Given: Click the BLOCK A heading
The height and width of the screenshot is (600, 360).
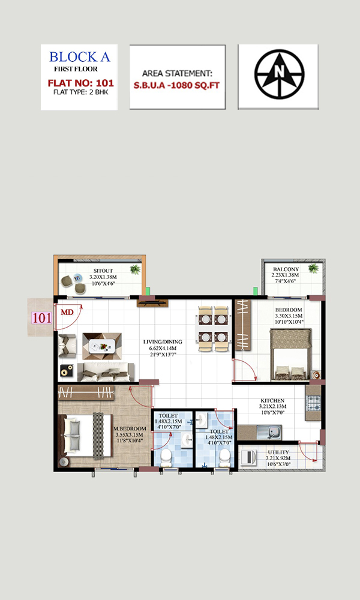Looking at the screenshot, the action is pos(80,57).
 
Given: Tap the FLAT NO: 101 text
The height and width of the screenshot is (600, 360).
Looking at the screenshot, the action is pos(81,83).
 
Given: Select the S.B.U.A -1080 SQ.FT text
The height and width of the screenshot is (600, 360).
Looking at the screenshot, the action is pos(177,85).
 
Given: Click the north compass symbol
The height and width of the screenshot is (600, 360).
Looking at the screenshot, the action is pos(280,74).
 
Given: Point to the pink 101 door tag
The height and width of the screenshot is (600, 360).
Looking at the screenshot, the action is pos(41,318).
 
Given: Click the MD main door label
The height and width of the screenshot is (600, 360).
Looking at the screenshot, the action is pos(67,313).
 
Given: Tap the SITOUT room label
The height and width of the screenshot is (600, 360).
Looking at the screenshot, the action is pos(103,271).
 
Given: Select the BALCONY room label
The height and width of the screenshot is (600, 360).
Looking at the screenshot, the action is pos(286,269).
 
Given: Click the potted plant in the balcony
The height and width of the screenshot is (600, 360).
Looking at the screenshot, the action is pos(313,268).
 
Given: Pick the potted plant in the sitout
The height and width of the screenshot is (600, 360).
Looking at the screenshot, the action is pos(134,269).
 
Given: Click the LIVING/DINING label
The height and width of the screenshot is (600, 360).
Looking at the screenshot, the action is pos(163,342).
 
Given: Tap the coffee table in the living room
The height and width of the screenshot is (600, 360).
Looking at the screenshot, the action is pos(102,346).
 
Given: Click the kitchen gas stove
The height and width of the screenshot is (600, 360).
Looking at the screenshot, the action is pos(314,403).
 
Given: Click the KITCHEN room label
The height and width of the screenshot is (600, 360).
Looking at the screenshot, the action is pos(272,401).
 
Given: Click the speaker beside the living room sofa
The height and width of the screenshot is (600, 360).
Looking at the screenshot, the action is pos(66,370).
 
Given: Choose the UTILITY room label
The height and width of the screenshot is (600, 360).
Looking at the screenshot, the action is pos(278,452).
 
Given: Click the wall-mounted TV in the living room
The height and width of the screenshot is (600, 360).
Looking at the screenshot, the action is pos(152,302).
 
